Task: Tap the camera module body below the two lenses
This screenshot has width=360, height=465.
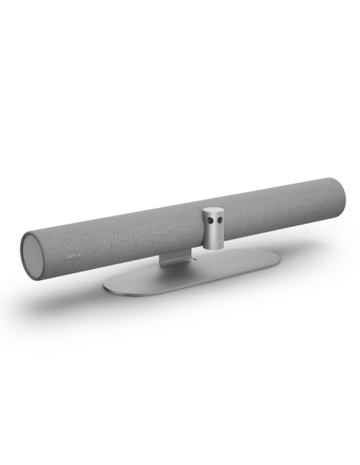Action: [214, 235]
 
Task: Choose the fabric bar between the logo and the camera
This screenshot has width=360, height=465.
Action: [135, 239]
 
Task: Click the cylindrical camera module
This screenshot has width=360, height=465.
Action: [214, 226]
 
